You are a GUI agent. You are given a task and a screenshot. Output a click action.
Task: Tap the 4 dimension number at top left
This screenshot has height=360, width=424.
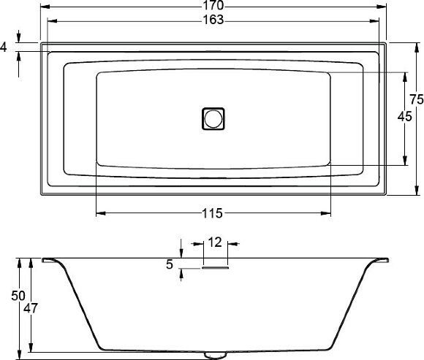(x=4, y=47)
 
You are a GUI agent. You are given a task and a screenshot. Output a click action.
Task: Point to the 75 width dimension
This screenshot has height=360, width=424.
(x=416, y=99)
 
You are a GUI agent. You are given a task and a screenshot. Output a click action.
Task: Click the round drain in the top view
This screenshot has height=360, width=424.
(x=213, y=118)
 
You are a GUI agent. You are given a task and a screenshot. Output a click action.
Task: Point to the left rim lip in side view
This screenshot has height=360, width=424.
(x=51, y=260)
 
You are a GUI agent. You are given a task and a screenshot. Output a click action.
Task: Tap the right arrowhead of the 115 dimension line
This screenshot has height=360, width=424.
(x=328, y=213)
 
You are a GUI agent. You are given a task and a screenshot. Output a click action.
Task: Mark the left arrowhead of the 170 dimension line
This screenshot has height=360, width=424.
(x=42, y=7)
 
